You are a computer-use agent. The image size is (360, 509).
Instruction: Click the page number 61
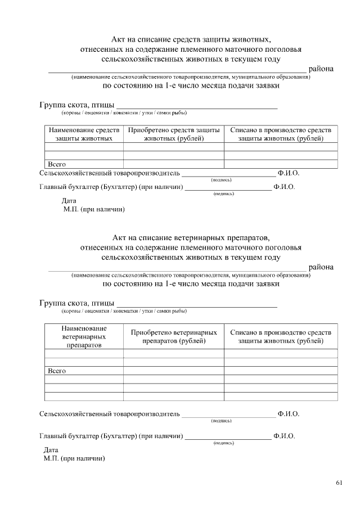(x=339, y=483)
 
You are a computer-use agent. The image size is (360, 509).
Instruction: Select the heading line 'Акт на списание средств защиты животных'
(x=191, y=39)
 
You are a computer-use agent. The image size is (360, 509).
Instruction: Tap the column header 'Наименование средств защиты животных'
(x=84, y=134)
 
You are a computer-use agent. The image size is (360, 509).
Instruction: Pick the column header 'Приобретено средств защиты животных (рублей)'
(x=174, y=134)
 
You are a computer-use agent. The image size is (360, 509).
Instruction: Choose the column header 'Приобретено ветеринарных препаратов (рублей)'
(x=174, y=336)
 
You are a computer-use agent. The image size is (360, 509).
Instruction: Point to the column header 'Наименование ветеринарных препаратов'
(x=84, y=336)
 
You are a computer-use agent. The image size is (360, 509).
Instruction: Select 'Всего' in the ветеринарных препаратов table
(x=57, y=371)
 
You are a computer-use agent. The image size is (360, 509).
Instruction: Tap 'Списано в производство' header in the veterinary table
(x=281, y=336)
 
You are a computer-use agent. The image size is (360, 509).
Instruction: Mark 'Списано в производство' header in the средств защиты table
(x=281, y=134)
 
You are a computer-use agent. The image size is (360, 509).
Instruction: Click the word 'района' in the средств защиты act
(x=321, y=69)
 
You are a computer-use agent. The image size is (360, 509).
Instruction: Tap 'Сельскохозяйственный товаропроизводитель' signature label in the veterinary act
(x=110, y=414)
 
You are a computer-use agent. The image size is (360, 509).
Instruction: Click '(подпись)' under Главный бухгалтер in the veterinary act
(x=224, y=443)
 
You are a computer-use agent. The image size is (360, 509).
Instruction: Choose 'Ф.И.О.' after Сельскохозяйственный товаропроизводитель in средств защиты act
(x=288, y=173)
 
